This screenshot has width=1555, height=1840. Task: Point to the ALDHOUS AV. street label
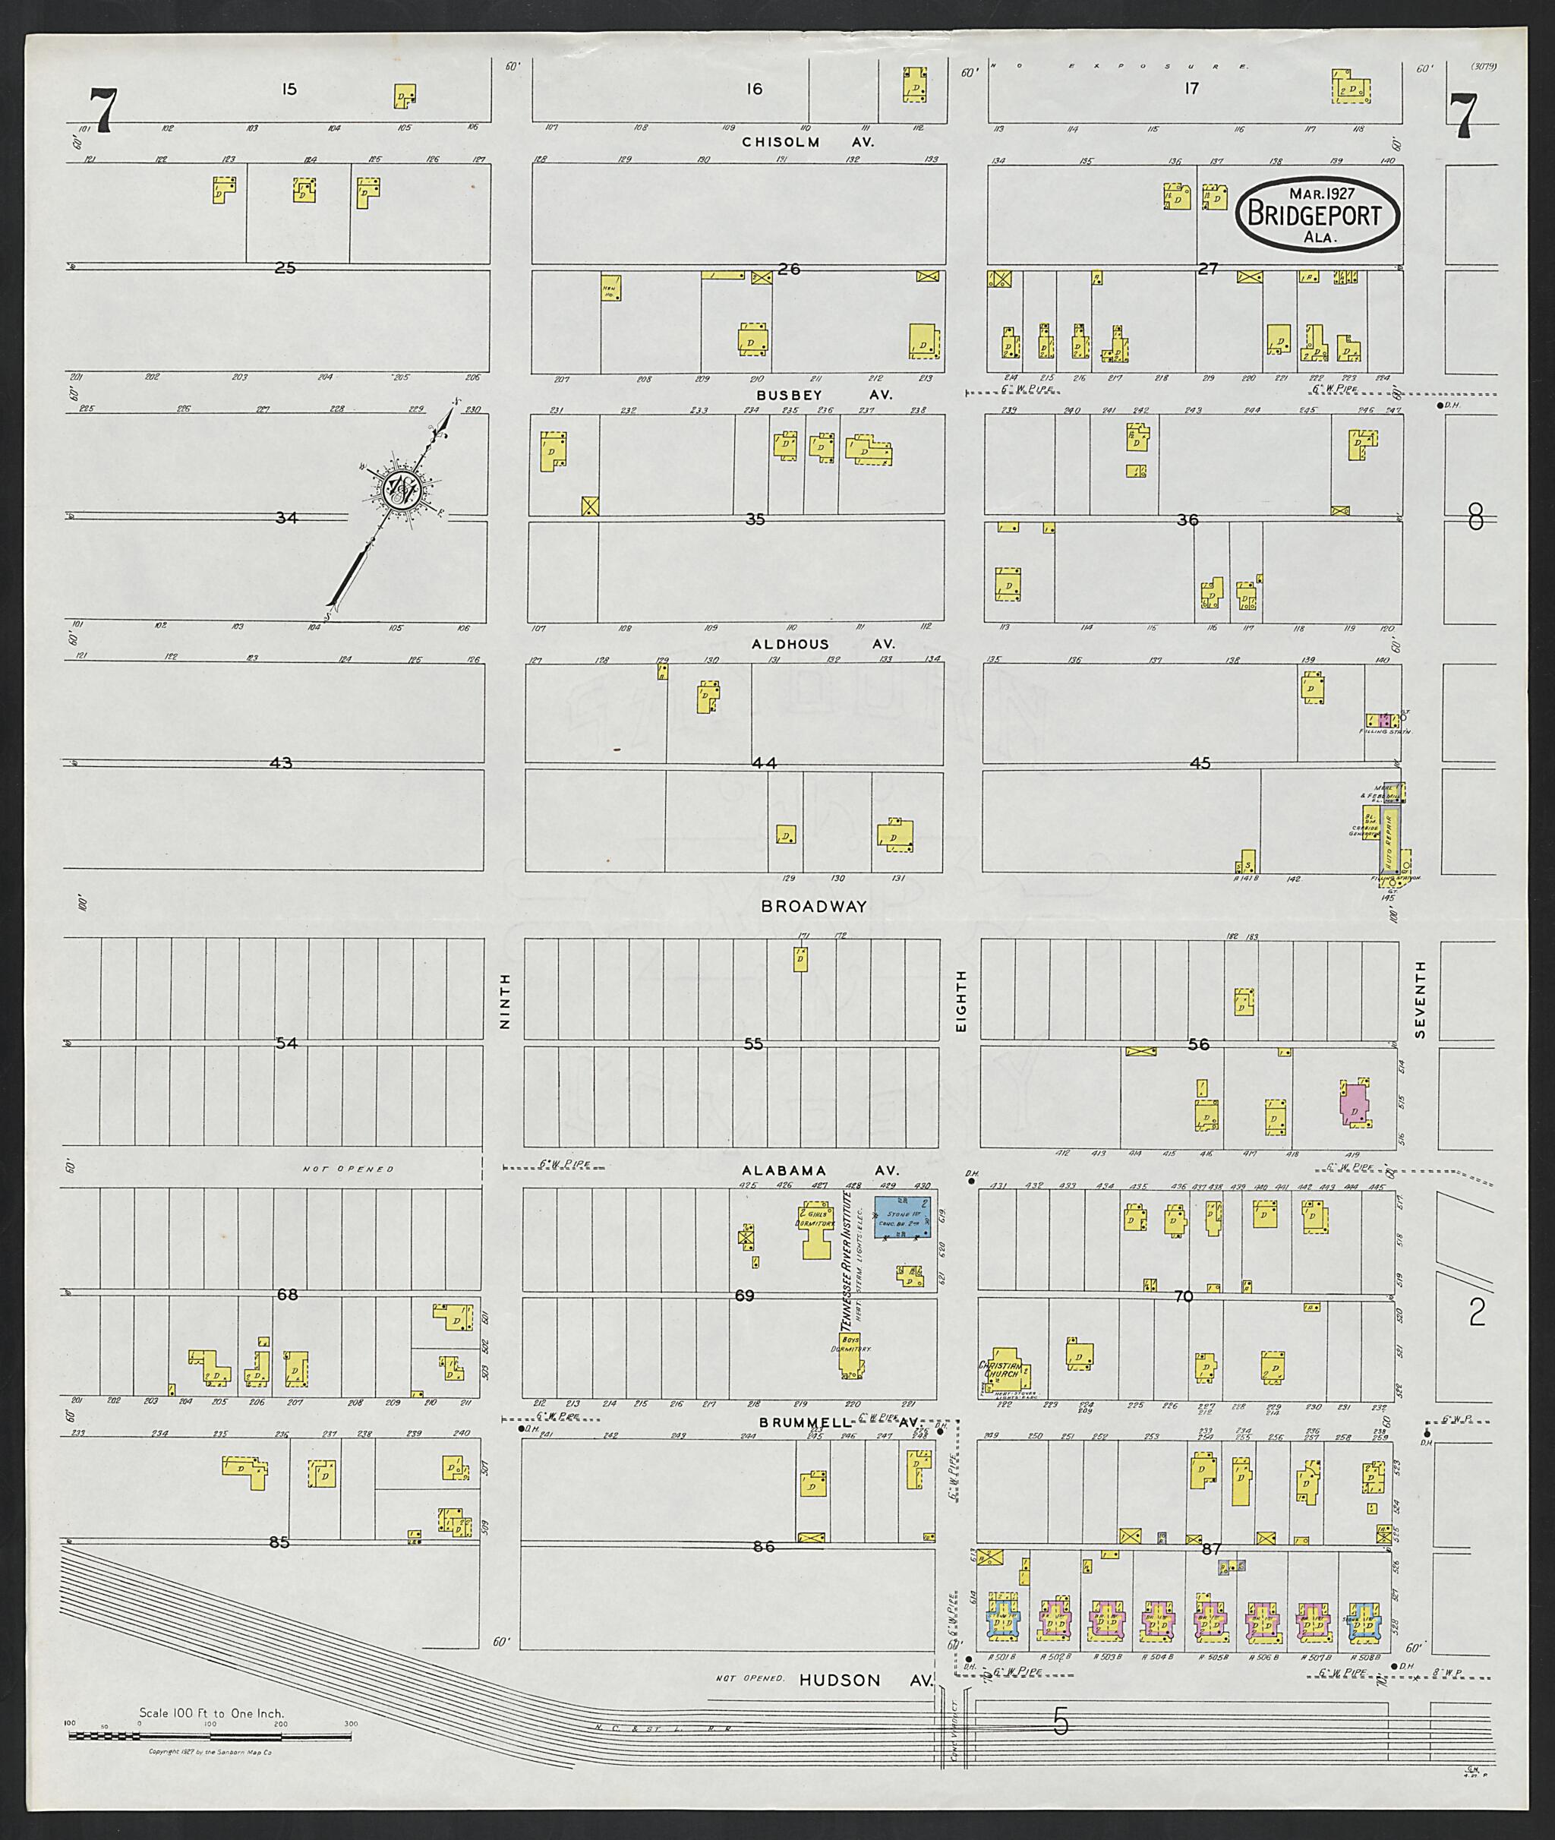822,645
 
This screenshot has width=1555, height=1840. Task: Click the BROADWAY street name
814,907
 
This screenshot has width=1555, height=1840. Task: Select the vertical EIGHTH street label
962,1002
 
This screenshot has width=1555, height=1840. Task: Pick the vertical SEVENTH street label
1420,1000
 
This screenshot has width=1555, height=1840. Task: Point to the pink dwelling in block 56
1352,1104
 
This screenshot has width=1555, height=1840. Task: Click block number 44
765,762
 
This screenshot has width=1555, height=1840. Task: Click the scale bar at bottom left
210,1736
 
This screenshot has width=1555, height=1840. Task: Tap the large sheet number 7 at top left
103,113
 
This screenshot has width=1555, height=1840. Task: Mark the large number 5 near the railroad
1061,1720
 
